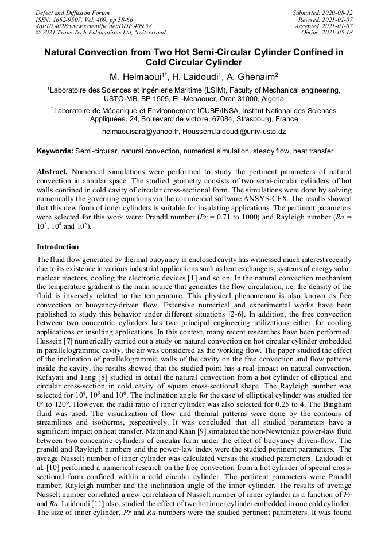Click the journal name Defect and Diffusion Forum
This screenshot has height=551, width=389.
(x=72, y=13)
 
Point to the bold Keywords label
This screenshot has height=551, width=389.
(x=55, y=151)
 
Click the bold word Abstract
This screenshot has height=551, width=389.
(x=54, y=172)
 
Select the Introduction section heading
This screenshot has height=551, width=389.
(x=58, y=247)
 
